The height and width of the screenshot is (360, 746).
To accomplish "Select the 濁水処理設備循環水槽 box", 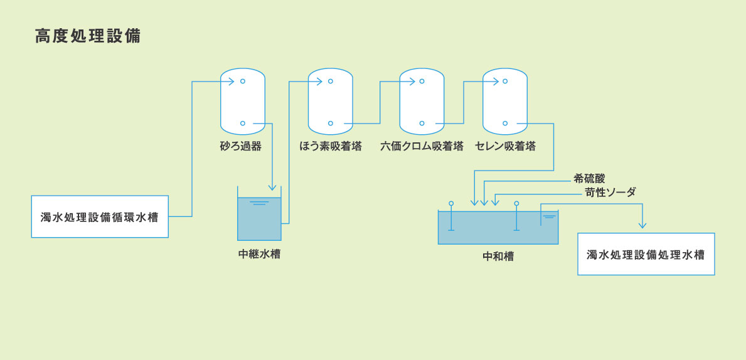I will pyautogui.click(x=100, y=217).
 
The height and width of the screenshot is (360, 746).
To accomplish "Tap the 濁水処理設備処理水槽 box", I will pyautogui.click(x=646, y=255).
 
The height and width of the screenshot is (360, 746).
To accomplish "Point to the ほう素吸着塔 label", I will pyautogui.click(x=331, y=147).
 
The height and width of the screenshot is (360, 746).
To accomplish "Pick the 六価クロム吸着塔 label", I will pyautogui.click(x=422, y=147).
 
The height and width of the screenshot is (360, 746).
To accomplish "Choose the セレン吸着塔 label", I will pyautogui.click(x=505, y=147).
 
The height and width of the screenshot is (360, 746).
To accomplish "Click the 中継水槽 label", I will pyautogui.click(x=259, y=254).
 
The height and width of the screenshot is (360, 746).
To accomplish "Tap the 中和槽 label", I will pyautogui.click(x=498, y=257).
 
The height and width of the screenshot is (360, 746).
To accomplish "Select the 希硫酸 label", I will pyautogui.click(x=589, y=179).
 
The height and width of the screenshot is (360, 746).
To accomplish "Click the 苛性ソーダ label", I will pyautogui.click(x=610, y=193).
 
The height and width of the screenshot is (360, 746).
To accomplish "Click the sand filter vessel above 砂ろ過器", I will pyautogui.click(x=243, y=102).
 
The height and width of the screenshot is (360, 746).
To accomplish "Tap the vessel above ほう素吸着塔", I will pyautogui.click(x=331, y=102).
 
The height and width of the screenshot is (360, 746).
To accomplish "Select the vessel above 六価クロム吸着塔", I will pyautogui.click(x=422, y=102).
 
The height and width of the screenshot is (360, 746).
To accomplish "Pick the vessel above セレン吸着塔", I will pyautogui.click(x=505, y=102).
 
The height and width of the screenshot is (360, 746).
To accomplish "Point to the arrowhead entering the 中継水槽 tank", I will pyautogui.click(x=272, y=187).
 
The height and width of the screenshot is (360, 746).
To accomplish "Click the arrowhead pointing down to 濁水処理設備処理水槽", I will pyautogui.click(x=642, y=225).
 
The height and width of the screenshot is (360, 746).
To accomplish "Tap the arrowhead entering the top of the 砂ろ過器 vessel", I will pyautogui.click(x=231, y=81).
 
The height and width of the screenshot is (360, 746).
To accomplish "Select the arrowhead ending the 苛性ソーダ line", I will pyautogui.click(x=495, y=202).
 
